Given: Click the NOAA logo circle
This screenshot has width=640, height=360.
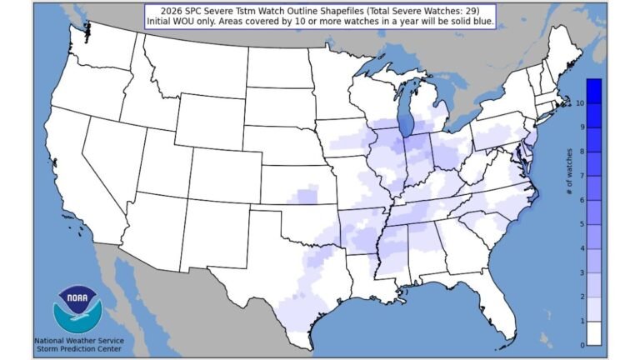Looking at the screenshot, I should point(78,308).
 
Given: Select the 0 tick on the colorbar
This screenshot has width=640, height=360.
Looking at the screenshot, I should point(567,345).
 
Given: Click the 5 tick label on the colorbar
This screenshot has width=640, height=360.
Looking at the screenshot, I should point(567,224).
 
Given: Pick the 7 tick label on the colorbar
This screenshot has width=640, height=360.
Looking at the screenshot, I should point(567,175).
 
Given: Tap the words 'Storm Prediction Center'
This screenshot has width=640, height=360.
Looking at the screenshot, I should point(78,349).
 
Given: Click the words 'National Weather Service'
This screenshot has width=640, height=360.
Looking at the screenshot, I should point(78,340).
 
